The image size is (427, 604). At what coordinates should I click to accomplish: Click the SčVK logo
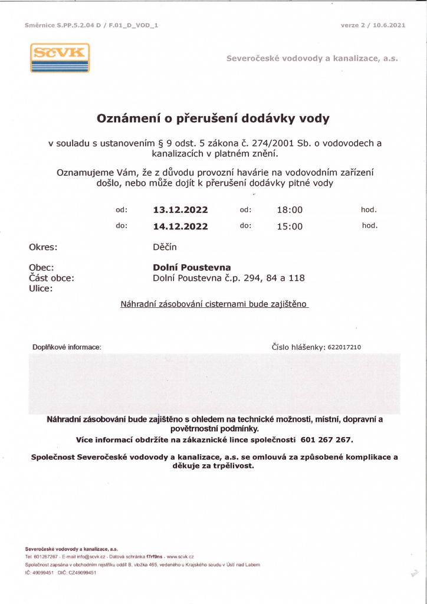point(60,58)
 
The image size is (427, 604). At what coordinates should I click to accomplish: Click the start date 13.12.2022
point(180,210)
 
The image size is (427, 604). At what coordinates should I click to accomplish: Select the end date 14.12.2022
point(180,226)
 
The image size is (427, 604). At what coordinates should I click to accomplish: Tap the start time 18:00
point(290,210)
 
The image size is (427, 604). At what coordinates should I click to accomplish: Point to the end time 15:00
point(290,226)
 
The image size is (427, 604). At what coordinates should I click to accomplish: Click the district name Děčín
point(165,247)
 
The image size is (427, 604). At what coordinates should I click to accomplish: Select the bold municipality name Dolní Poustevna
point(192,267)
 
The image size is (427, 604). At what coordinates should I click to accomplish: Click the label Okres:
point(43,247)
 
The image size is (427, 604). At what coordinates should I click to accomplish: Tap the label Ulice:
point(41,288)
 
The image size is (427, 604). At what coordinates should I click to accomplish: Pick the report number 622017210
point(344,347)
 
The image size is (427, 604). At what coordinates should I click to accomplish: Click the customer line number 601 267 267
point(326,440)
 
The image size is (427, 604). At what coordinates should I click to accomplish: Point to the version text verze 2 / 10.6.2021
point(373,25)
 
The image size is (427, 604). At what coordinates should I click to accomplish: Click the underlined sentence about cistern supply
point(214,304)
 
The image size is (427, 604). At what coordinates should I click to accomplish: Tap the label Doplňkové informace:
point(67,347)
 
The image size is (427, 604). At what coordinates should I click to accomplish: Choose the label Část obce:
point(51,278)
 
